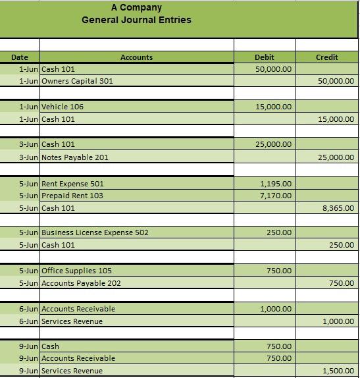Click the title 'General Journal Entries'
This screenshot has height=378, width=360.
coord(136,20)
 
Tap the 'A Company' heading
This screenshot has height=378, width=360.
coord(136,7)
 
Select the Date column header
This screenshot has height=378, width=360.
coord(20,57)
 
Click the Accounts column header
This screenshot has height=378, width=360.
coord(136,57)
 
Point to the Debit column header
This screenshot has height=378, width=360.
coord(264,57)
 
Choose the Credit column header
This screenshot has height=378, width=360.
coord(327,57)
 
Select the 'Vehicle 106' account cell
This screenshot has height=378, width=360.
coord(63,107)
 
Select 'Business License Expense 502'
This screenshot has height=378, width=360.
coord(95,232)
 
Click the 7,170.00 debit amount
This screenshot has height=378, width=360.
coord(276,196)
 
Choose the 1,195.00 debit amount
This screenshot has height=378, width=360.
coord(276,184)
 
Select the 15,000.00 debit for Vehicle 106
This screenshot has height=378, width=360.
coord(274,107)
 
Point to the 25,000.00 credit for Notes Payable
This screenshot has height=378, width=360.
coord(336,157)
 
